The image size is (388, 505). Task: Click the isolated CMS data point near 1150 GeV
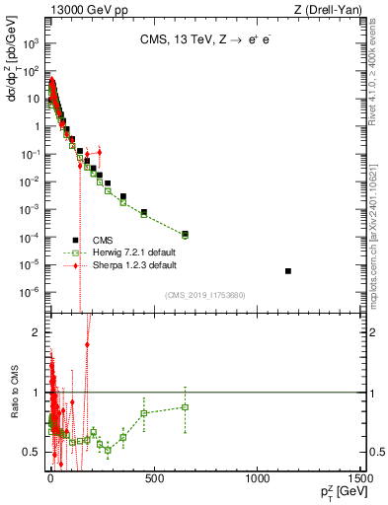click(287, 270)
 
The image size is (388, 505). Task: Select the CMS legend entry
click(103, 240)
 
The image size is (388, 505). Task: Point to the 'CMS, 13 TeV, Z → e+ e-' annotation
click(207, 41)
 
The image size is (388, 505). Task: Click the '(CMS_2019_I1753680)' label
click(205, 295)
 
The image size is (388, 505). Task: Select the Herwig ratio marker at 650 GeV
click(185, 406)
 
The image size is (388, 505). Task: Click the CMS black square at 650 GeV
click(185, 234)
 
